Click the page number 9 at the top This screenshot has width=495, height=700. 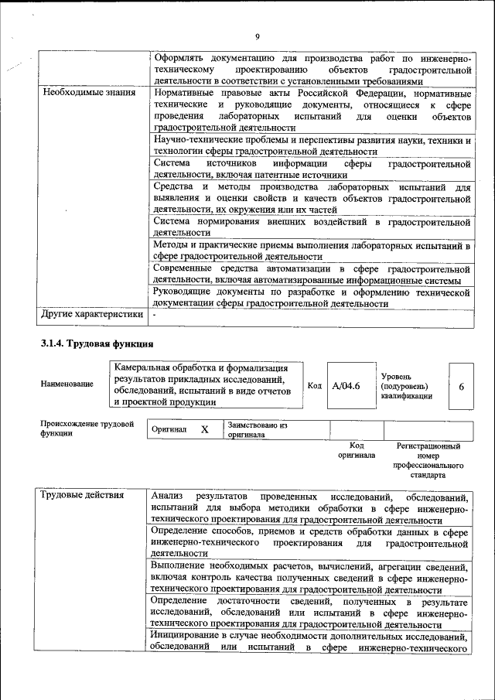257,36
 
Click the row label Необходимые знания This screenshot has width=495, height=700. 79,93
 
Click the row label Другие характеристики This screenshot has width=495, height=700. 92,315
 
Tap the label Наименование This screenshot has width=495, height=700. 68,384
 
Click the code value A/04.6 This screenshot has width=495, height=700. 346,385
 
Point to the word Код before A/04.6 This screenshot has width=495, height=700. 315,385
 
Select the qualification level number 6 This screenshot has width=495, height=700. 461,385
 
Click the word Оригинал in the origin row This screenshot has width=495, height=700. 169,429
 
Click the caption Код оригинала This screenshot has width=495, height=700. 356,451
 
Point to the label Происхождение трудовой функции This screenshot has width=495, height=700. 87,429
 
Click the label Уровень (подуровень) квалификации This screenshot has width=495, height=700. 406,385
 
